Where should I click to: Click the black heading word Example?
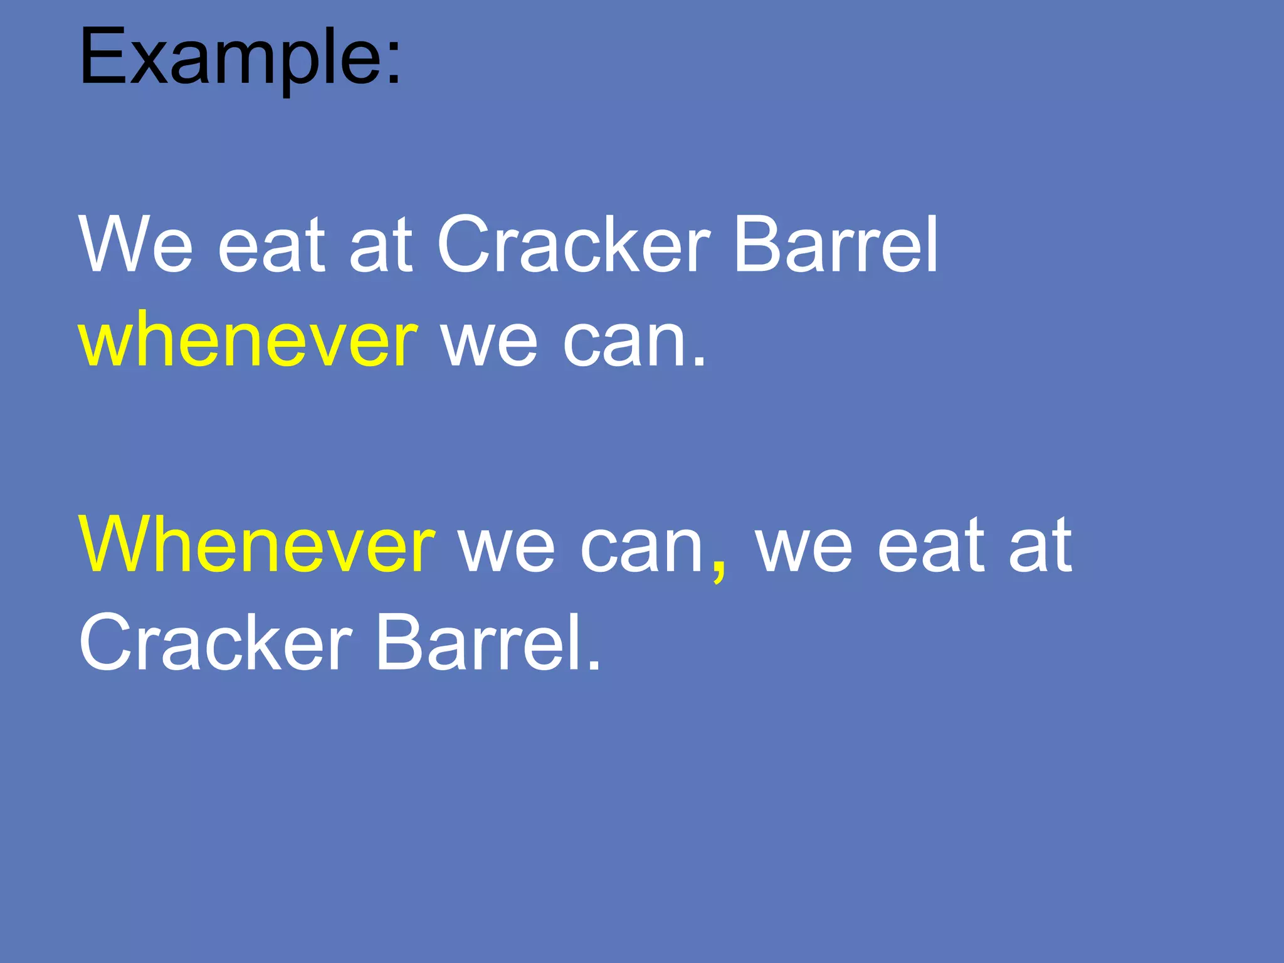[x=229, y=58]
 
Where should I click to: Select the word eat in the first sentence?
[x=271, y=246]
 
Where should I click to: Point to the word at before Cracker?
[x=381, y=246]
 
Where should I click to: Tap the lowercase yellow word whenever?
[x=248, y=340]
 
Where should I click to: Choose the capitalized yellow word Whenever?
[x=256, y=544]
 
